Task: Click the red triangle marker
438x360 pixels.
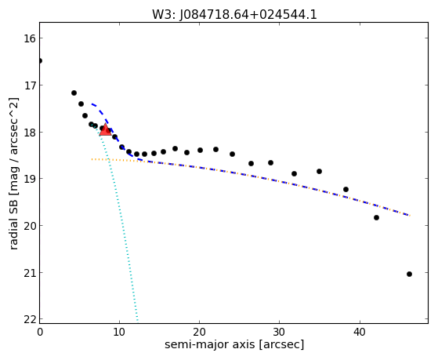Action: tap(105, 129)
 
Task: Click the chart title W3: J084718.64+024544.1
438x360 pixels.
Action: tap(234, 14)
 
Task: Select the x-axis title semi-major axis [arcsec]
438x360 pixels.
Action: tap(234, 344)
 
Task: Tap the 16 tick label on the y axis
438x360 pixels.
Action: tap(30, 38)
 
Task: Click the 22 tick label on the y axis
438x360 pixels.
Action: tap(30, 319)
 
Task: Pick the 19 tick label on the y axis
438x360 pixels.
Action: tap(30, 179)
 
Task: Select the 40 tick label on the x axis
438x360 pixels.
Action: tap(360, 332)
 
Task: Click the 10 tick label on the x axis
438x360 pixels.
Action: tap(119, 332)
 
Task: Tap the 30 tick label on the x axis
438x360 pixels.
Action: tap(279, 332)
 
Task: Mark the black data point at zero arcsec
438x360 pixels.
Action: tap(40, 60)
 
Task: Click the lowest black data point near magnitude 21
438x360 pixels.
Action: tap(409, 275)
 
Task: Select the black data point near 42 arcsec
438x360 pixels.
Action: tap(376, 217)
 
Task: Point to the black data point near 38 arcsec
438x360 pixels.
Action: tap(346, 189)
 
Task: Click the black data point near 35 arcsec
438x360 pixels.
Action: tap(319, 172)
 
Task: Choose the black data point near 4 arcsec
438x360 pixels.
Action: tap(74, 93)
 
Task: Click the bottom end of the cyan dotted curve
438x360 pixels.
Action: tap(137, 321)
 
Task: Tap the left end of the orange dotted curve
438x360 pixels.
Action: tap(92, 159)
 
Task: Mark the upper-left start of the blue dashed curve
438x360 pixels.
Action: tap(92, 104)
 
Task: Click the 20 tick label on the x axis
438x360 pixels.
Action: tap(199, 332)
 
